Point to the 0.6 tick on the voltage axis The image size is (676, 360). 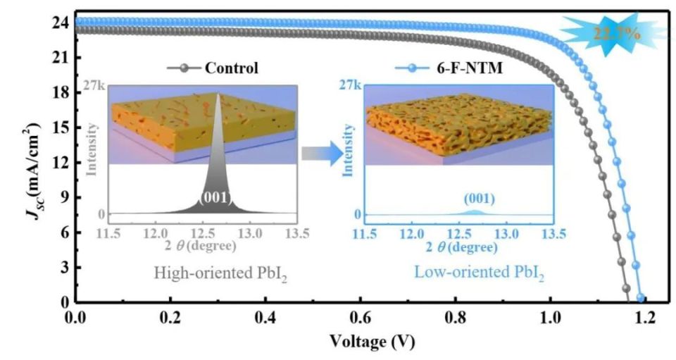(x=406, y=318)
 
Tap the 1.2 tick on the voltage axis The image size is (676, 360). (x=643, y=318)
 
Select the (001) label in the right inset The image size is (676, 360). (x=475, y=199)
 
